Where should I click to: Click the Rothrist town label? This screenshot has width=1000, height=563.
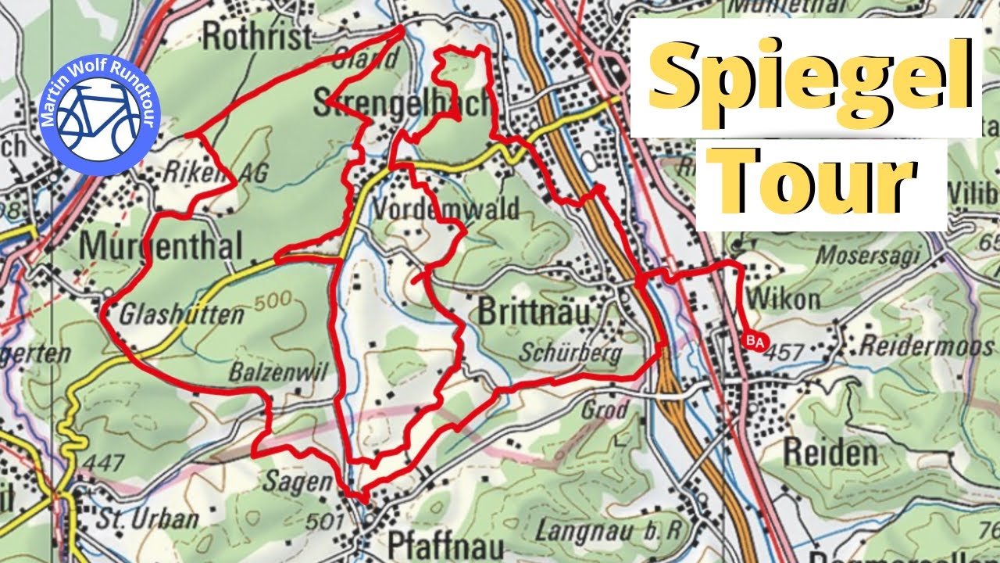pos(257,36)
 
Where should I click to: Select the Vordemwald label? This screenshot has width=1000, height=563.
pos(446,210)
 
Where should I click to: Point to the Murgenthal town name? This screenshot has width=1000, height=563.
pos(162,246)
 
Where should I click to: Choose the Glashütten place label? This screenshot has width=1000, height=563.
pos(182,316)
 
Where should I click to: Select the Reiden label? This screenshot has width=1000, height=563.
pos(830,453)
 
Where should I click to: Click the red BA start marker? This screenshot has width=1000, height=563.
pos(755,342)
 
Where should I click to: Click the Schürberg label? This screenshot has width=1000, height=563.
pos(572,353)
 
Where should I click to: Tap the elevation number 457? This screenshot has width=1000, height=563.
pos(785,353)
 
